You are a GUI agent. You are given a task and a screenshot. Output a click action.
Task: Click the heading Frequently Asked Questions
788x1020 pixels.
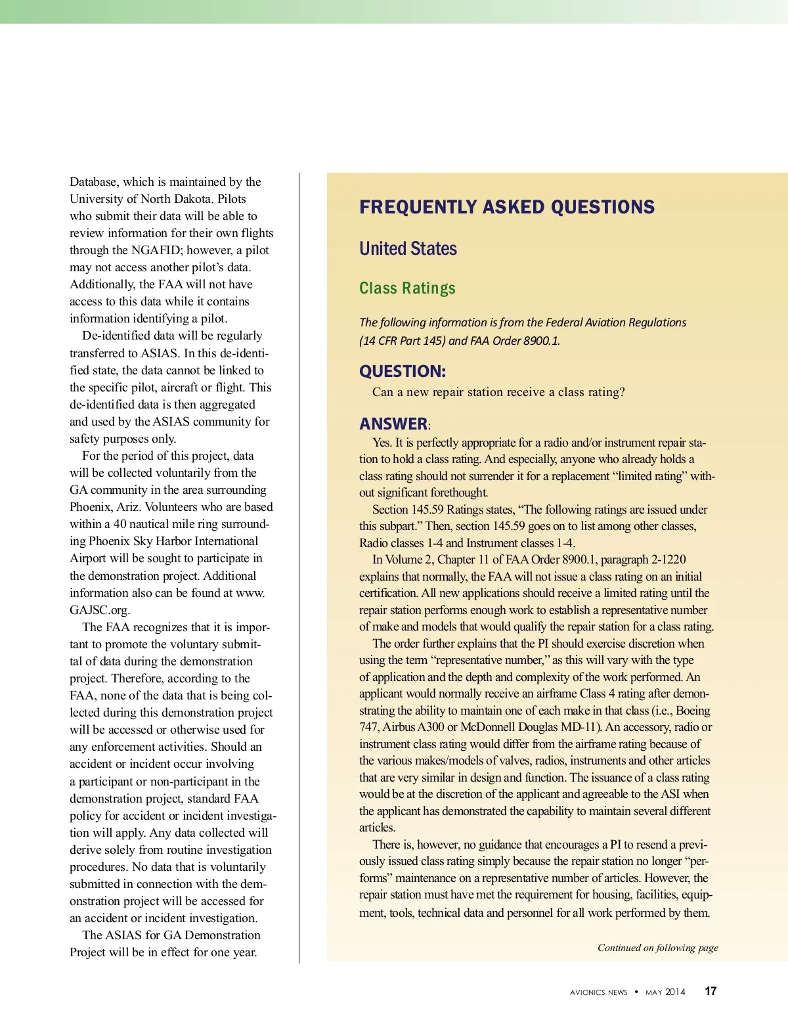(x=506, y=208)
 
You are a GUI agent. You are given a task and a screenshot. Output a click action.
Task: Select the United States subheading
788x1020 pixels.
(x=408, y=249)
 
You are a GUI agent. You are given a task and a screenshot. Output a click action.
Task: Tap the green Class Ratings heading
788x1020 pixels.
(x=407, y=288)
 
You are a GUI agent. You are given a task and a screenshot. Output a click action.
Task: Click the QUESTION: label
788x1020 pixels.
(x=402, y=372)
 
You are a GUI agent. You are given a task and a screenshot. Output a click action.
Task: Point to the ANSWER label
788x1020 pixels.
(x=393, y=424)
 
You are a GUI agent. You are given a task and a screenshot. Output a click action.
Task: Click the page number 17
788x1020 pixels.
(x=711, y=992)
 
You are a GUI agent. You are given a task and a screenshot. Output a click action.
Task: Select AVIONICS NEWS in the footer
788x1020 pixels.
(x=598, y=992)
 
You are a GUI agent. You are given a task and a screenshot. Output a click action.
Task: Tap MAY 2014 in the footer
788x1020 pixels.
(x=665, y=992)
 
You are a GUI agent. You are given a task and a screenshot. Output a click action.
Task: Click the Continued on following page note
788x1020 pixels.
(x=657, y=948)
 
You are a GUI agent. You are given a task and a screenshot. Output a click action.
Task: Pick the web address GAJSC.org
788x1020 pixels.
(x=100, y=610)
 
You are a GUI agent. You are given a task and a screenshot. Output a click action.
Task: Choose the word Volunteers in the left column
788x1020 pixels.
(x=173, y=507)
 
